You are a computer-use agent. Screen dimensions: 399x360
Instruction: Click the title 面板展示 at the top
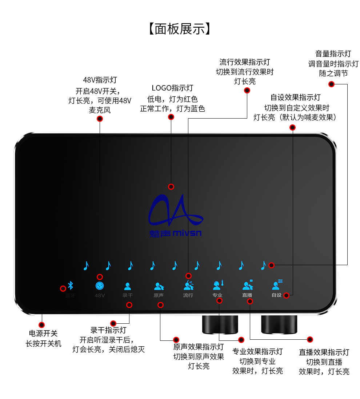tap(180, 29)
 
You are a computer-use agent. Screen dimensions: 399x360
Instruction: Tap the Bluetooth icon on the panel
tap(71, 286)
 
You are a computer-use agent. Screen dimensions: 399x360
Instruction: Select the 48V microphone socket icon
tap(99, 286)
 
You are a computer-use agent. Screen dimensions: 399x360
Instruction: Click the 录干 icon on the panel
tap(128, 286)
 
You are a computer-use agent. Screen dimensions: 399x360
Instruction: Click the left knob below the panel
tap(220, 324)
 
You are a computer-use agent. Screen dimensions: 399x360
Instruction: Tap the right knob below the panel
tap(279, 324)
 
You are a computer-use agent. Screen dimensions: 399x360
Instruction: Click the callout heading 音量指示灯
tap(333, 54)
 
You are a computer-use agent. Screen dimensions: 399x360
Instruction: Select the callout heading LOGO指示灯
tap(172, 88)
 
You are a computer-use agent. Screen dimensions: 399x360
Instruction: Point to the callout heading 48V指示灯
tap(100, 80)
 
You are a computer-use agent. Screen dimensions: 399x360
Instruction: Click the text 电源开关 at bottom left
tap(43, 334)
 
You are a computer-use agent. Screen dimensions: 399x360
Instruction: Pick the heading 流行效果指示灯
tap(245, 62)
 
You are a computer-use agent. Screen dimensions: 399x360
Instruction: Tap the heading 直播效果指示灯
tap(324, 352)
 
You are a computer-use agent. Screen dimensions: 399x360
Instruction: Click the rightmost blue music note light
tap(263, 266)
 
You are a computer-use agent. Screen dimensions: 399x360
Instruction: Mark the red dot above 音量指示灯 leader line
tap(331, 84)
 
